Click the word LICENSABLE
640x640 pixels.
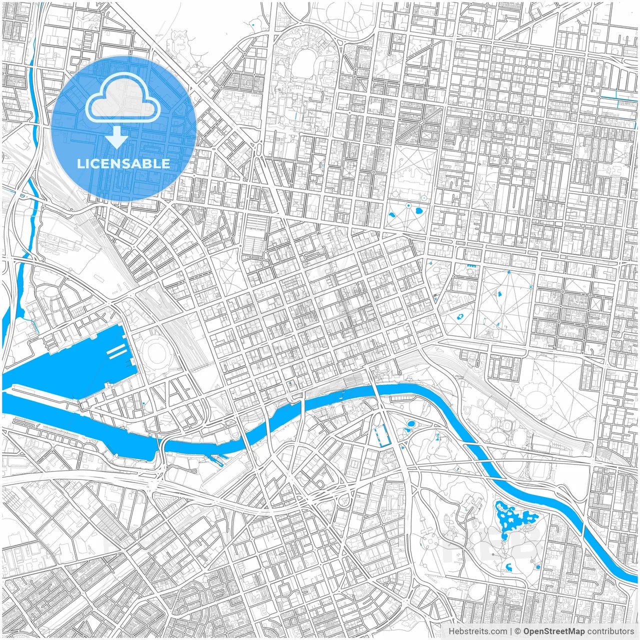[123, 163]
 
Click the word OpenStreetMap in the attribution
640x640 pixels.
[553, 631]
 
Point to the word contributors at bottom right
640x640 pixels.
[610, 631]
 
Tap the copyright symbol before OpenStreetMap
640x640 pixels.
[518, 631]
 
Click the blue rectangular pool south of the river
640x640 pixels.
[381, 435]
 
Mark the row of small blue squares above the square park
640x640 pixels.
[470, 266]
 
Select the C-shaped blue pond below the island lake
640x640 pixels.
[509, 566]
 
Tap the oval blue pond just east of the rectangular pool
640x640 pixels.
[410, 424]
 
